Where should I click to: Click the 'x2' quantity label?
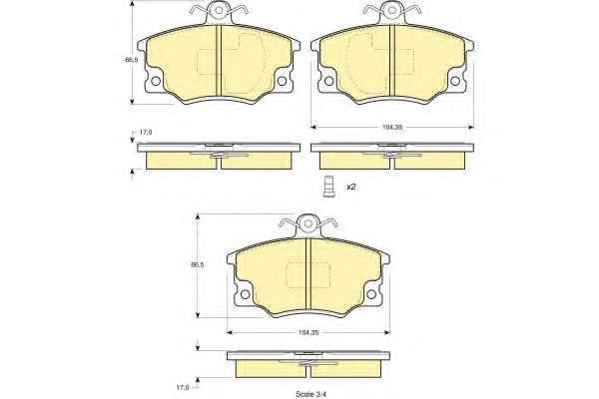tap(351, 187)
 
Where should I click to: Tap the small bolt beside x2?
tap(328, 187)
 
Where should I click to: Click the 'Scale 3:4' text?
tap(310, 394)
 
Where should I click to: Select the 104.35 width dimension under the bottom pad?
tap(307, 332)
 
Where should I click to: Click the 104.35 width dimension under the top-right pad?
tap(392, 127)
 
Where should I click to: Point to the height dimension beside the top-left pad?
tap(131, 60)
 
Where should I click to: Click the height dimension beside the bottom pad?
tap(197, 264)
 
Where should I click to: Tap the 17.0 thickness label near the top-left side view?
tap(145, 132)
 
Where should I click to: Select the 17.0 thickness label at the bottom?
tap(183, 388)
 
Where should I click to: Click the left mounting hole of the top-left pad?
tap(156, 81)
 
